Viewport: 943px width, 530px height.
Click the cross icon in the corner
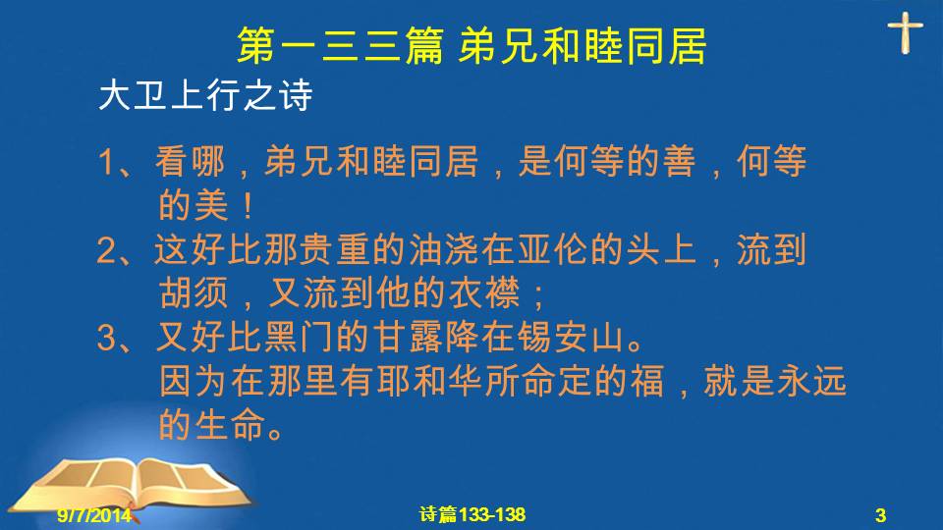(x=905, y=33)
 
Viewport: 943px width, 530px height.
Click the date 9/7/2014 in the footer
(x=94, y=515)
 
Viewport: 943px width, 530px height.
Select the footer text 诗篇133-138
(x=472, y=514)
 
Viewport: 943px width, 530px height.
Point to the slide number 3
(x=880, y=515)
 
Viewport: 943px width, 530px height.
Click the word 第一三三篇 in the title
(x=341, y=46)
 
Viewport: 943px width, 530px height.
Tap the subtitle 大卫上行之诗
(x=205, y=95)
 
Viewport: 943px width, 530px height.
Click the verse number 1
(x=107, y=163)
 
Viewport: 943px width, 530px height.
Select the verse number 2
(x=107, y=250)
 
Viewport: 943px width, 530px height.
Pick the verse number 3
(x=107, y=338)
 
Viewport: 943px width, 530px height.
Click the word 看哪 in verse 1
(x=190, y=162)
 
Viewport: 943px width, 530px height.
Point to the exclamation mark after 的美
(x=248, y=206)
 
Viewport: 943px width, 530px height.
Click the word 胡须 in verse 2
(x=194, y=293)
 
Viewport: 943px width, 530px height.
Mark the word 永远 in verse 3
(x=811, y=381)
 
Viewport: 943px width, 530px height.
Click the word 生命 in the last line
(x=230, y=425)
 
